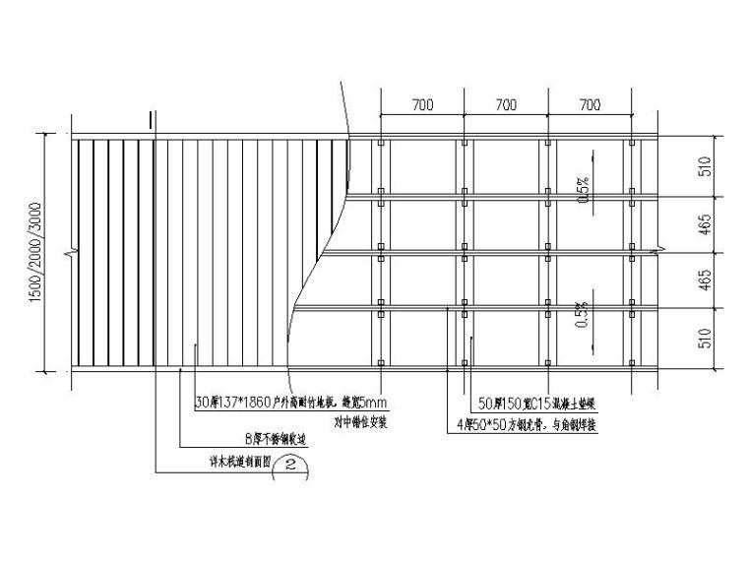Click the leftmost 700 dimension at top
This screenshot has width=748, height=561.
[x=421, y=104]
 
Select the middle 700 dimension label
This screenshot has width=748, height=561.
[x=505, y=104]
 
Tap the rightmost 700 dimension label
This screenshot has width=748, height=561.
[x=589, y=104]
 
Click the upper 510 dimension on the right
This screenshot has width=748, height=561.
[x=703, y=167]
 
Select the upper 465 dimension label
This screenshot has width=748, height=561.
[x=703, y=225]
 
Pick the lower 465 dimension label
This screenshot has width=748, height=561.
[x=703, y=281]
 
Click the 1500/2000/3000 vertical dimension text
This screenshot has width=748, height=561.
[x=36, y=254]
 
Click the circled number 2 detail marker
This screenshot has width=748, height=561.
[x=290, y=465]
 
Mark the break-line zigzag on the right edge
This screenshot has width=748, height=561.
[x=654, y=254]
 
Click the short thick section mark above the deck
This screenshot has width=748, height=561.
[x=151, y=120]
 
